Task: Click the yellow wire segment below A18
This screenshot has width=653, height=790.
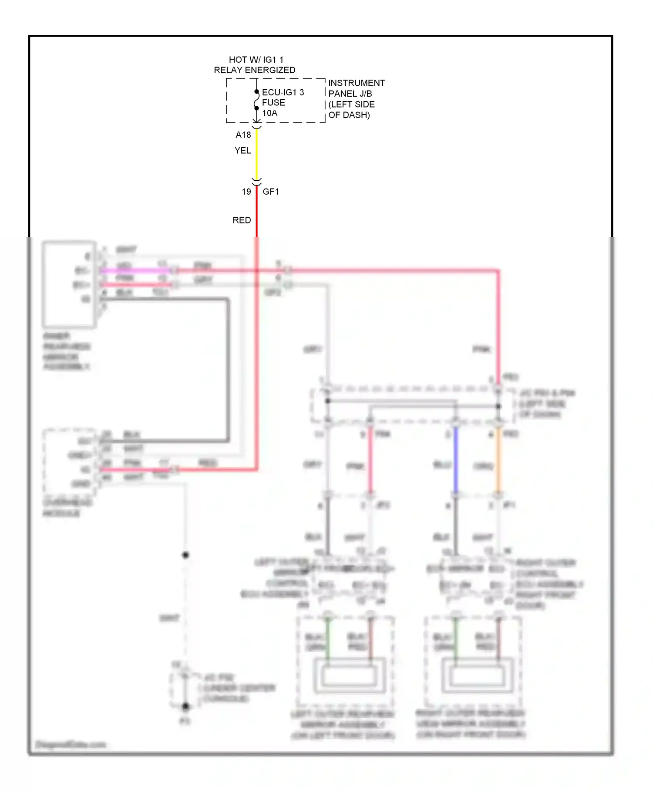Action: click(256, 155)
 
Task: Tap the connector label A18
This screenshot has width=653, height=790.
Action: click(243, 135)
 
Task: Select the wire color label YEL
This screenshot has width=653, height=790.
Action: click(242, 151)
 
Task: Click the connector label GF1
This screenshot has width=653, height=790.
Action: click(271, 192)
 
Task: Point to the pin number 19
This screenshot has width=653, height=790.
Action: click(246, 192)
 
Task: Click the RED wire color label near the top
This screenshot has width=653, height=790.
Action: click(242, 220)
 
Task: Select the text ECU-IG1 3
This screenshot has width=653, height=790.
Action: click(283, 92)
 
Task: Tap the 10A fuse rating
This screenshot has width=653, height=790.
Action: click(269, 113)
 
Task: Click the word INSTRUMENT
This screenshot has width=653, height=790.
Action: click(357, 83)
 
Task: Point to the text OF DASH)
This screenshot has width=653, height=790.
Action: click(349, 115)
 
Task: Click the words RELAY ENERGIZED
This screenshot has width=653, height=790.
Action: click(254, 70)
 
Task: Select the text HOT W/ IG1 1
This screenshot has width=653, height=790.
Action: click(256, 60)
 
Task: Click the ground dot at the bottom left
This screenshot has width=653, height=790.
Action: click(185, 706)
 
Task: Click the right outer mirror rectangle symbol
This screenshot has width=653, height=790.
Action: click(477, 675)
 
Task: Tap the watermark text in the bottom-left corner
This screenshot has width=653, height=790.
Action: click(71, 744)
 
